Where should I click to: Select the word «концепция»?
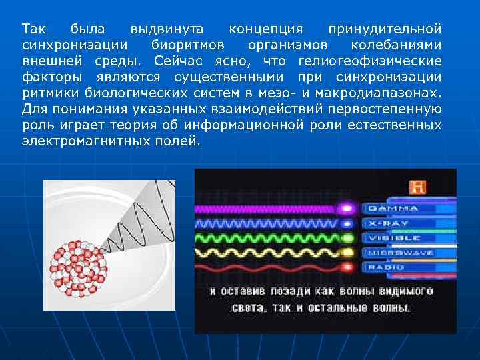pyautogui.click(x=265, y=29)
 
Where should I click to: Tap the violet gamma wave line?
pyautogui.click(x=267, y=209)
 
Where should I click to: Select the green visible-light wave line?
pyautogui.click(x=267, y=238)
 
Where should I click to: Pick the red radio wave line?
pyautogui.click(x=267, y=267)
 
